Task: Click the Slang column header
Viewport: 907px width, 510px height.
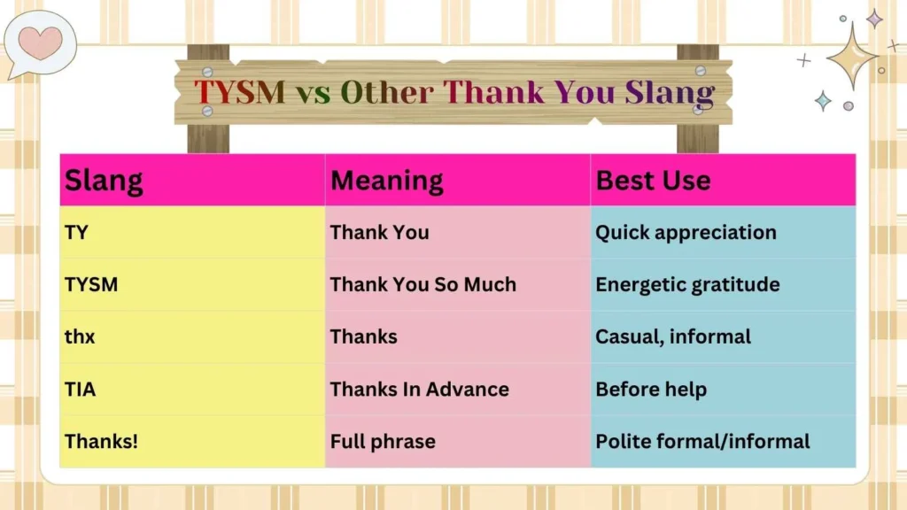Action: point(104,181)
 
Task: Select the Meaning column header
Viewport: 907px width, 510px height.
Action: point(386,181)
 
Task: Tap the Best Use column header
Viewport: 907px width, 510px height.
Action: point(653,181)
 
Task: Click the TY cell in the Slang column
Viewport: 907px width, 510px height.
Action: point(76,233)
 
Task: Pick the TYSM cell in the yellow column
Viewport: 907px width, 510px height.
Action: point(91,285)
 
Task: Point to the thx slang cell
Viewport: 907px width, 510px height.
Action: point(80,337)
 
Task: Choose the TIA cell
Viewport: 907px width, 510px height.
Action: point(80,390)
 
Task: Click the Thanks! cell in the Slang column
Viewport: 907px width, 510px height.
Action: point(101,441)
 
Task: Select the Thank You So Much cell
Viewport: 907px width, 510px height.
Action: point(422,285)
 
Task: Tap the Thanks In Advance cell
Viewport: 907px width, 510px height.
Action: point(419,390)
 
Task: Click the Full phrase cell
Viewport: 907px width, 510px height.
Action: point(383,441)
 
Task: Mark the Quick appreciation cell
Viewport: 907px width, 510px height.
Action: point(686,233)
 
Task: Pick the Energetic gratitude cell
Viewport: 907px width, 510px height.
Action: point(687,285)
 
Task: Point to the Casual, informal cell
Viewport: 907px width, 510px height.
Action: point(673,337)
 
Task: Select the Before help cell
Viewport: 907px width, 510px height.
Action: point(651,390)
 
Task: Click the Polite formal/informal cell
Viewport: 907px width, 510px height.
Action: point(702,441)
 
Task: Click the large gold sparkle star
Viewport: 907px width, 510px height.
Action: point(852,57)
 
